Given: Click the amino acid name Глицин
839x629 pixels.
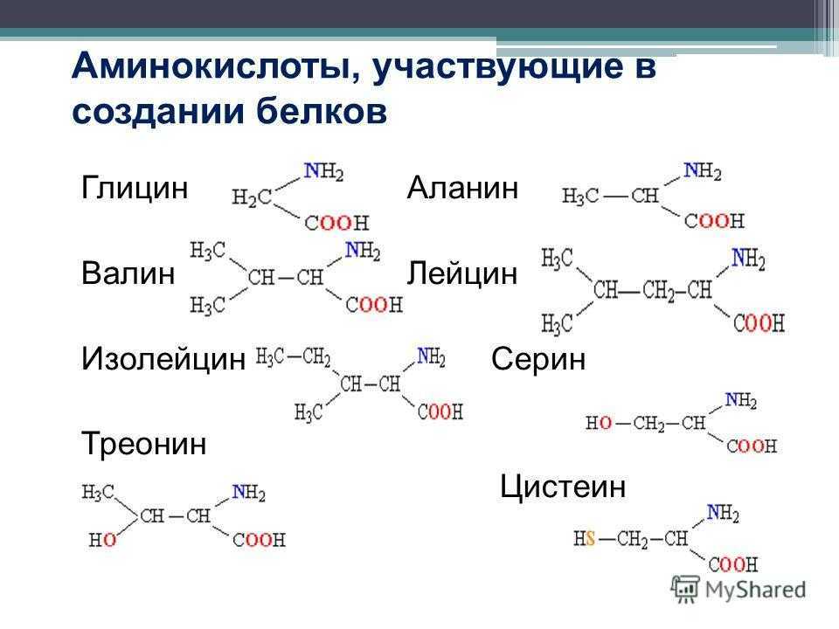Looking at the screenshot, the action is pyautogui.click(x=135, y=189).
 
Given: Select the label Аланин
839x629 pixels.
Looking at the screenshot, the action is pyautogui.click(x=463, y=188).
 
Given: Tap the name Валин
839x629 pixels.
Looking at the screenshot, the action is pyautogui.click(x=128, y=273).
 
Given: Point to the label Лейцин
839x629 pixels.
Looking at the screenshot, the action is pyautogui.click(x=462, y=273).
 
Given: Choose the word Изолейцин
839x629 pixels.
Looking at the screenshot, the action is pyautogui.click(x=163, y=358).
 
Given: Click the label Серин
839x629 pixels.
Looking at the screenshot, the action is pyautogui.click(x=538, y=359).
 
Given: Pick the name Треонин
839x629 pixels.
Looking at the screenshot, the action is pyautogui.click(x=144, y=444).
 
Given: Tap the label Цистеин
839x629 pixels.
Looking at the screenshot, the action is pyautogui.click(x=563, y=487).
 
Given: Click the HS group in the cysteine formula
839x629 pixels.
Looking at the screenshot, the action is pyautogui.click(x=585, y=538).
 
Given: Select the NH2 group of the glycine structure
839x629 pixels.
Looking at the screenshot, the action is pyautogui.click(x=323, y=171).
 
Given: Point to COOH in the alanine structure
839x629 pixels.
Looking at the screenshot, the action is pyautogui.click(x=714, y=220).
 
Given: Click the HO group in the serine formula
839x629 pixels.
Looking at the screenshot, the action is pyautogui.click(x=599, y=423).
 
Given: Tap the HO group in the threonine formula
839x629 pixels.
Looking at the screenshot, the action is pyautogui.click(x=102, y=540).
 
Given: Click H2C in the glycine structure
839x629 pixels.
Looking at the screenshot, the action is pyautogui.click(x=252, y=198).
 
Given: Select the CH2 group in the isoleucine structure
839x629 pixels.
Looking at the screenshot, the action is pyautogui.click(x=316, y=356).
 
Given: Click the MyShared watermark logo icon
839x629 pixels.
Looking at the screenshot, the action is pyautogui.click(x=685, y=590).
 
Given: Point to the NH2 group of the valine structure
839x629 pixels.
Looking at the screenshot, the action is pyautogui.click(x=363, y=251).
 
